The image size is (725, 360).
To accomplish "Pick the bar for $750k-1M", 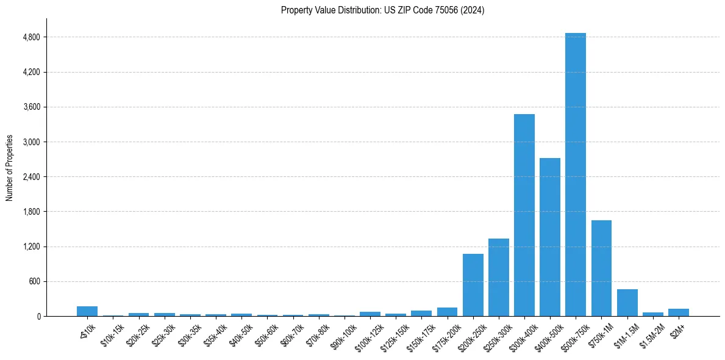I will click(x=601, y=268).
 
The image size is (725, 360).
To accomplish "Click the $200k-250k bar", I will click(x=473, y=285).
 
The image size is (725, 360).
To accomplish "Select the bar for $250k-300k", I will click(x=499, y=277).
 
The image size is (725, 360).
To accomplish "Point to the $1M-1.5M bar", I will click(x=627, y=303).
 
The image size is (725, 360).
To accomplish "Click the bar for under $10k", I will click(x=87, y=311).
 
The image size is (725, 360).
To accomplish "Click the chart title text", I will click(x=382, y=10).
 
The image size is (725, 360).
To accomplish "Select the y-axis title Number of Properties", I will click(x=10, y=168).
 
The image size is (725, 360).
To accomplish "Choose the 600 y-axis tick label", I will click(x=34, y=281).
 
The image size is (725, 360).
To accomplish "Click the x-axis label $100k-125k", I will click(x=368, y=332).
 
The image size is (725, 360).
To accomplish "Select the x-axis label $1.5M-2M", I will click(x=651, y=332).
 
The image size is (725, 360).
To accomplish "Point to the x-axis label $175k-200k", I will click(x=445, y=332).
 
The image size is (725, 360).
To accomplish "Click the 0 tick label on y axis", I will click(x=38, y=316).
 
